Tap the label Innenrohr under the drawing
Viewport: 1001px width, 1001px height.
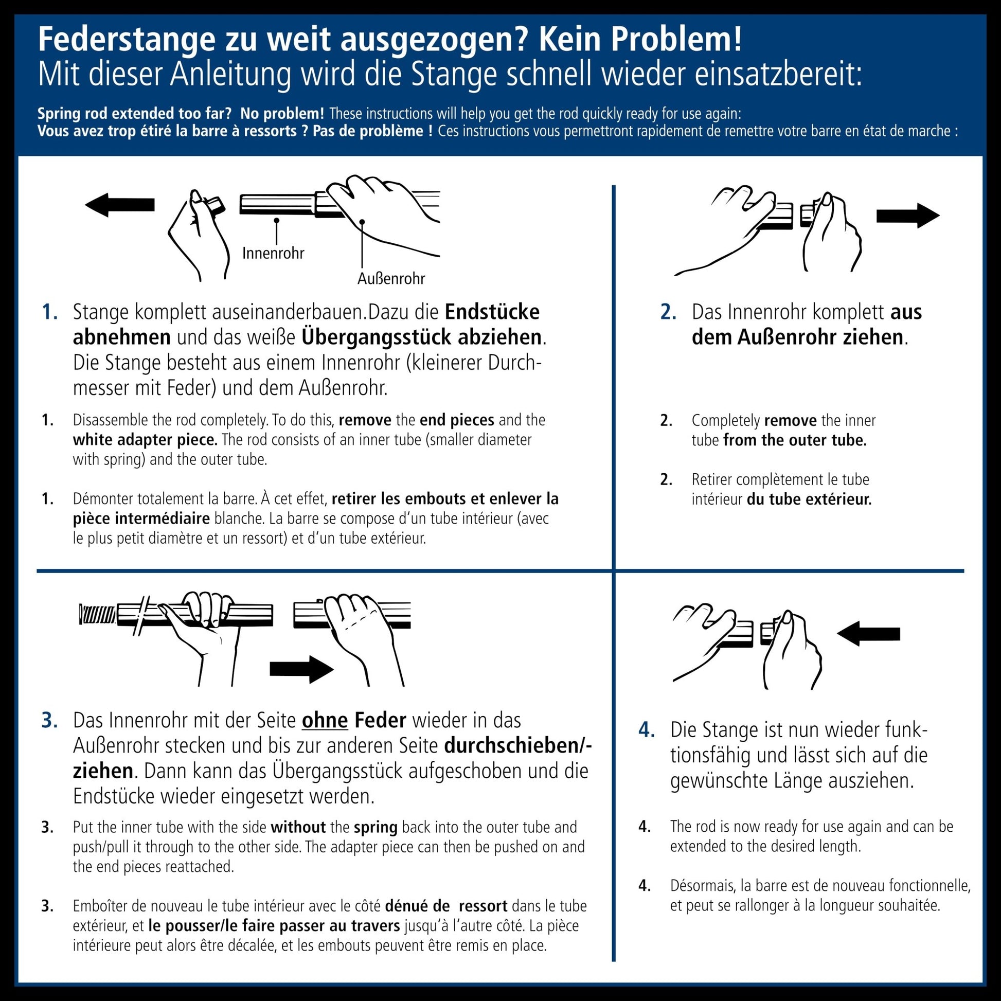coord(273,254)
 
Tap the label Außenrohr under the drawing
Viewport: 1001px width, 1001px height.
coord(391,279)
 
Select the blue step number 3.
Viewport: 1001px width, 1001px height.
coord(50,721)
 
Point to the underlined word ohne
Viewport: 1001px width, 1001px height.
coord(325,721)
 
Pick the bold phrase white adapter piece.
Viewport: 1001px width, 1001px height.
coord(145,440)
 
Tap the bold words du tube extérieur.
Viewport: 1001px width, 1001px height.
coord(809,499)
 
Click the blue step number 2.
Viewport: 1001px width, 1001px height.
coord(668,312)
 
